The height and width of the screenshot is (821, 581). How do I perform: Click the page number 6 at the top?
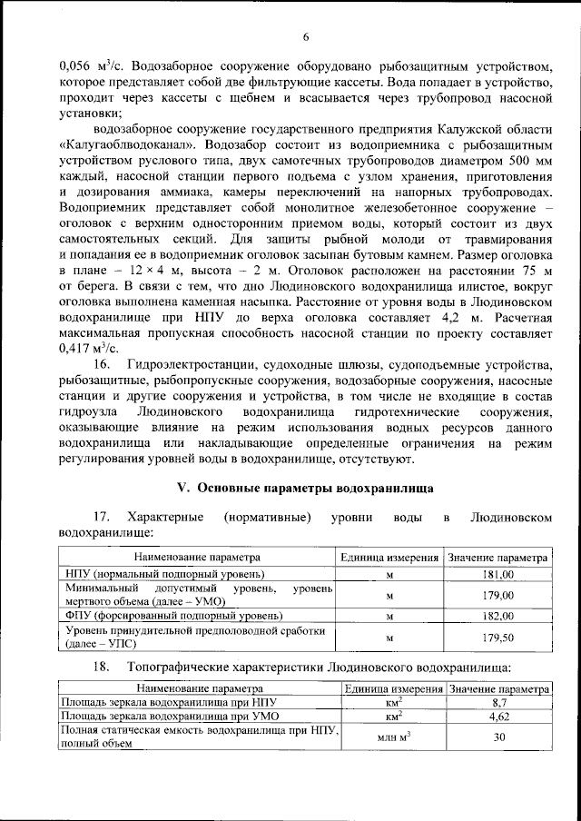point(306,36)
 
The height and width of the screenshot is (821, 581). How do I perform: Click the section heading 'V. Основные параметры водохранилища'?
point(305,488)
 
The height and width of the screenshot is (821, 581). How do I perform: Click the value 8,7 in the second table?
point(497,702)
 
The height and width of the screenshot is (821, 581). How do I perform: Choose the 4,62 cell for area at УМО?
point(497,717)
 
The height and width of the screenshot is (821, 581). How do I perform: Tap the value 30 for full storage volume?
point(497,737)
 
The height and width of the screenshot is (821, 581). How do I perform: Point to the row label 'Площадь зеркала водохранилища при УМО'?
point(167,717)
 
